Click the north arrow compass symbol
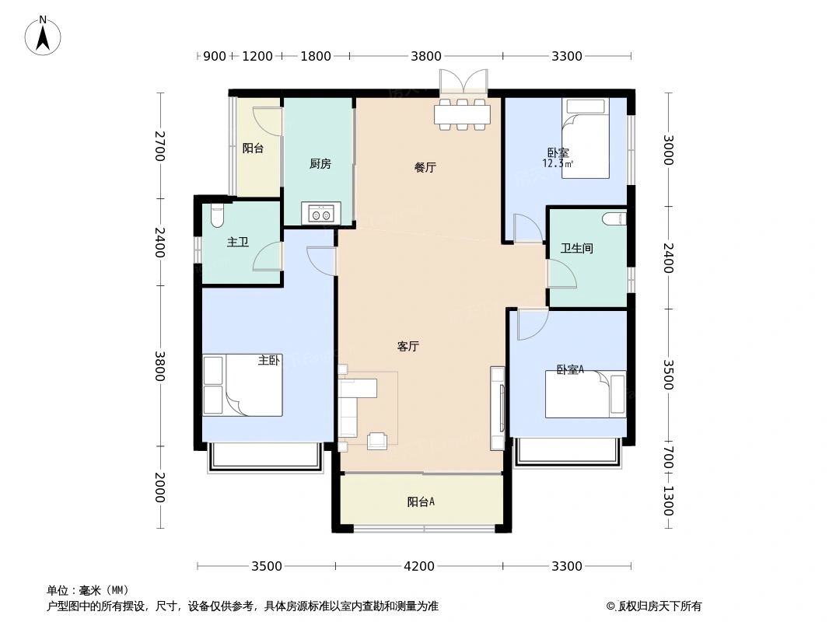(44, 35)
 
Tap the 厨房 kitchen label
(320, 164)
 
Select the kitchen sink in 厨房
(320, 213)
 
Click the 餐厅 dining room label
(424, 167)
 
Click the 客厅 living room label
(408, 348)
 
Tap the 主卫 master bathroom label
(238, 243)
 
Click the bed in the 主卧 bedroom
(243, 386)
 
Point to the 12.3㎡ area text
(558, 164)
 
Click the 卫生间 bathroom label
(577, 249)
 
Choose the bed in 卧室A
(585, 394)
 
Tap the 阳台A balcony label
(421, 502)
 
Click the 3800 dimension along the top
(426, 56)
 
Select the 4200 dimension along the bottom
(419, 566)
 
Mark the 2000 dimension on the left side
(159, 487)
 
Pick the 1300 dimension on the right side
(667, 501)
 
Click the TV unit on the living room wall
(498, 407)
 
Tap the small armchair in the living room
(378, 441)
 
